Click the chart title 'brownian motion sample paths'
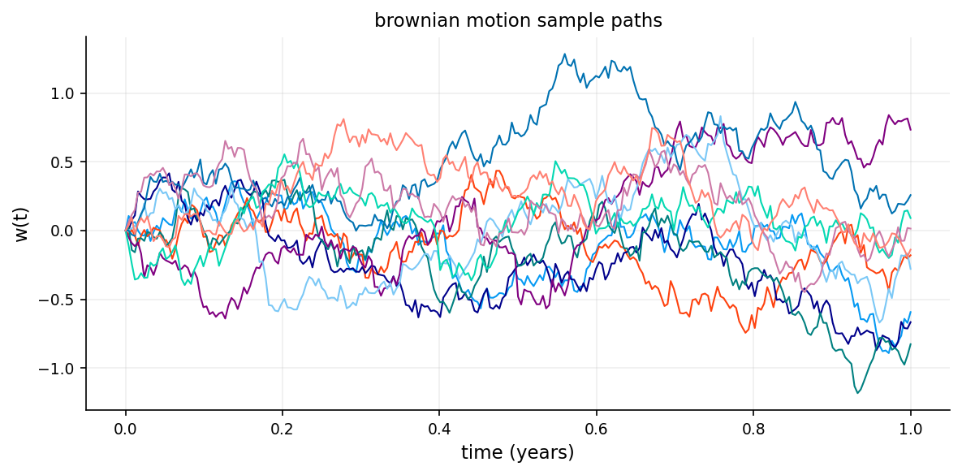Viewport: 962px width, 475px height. click(518, 21)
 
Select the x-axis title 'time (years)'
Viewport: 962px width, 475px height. click(518, 453)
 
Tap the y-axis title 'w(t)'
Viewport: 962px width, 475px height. click(22, 223)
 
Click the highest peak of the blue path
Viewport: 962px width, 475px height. click(563, 54)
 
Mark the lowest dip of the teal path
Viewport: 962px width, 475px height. click(856, 393)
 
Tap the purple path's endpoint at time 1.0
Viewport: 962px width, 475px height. click(911, 129)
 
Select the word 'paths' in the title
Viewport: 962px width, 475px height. click(641, 21)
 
